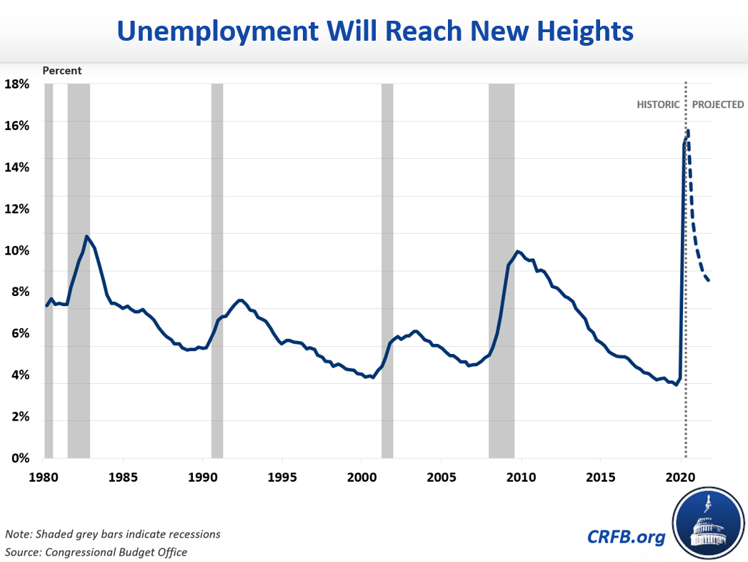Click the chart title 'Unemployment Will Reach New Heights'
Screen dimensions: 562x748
coord(374,31)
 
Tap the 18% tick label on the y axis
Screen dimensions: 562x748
coord(16,84)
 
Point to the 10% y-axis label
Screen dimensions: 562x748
coord(16,251)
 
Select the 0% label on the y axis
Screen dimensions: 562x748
coord(19,459)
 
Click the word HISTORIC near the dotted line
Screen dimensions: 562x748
coord(658,104)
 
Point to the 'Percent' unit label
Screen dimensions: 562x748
coord(62,71)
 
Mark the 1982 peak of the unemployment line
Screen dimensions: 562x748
coord(86,237)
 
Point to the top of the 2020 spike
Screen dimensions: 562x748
coord(687,131)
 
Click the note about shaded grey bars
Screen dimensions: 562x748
coord(113,534)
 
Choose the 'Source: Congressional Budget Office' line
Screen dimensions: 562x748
coord(96,552)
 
